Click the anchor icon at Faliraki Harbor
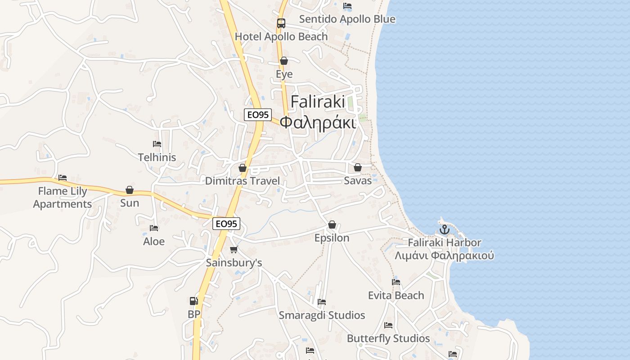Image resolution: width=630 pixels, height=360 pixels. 445,229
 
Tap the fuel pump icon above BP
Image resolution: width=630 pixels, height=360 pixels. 193,301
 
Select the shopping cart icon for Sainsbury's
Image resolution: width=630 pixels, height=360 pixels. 234,249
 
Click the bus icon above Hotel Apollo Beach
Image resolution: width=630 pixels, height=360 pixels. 281,23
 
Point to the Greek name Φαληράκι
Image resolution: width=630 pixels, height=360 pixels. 318,122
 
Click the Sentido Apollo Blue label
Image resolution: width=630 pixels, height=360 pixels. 347,19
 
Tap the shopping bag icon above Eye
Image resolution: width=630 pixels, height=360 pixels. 284,61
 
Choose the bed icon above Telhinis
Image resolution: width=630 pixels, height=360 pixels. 157,144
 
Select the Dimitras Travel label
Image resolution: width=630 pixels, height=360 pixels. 243,181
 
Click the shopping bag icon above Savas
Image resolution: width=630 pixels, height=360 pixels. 358,167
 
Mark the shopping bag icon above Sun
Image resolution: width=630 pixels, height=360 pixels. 130,190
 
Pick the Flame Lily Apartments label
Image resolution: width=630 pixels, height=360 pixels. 63,198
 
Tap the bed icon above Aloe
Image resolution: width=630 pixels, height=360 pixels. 154,228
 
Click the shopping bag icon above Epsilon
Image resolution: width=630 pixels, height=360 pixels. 332,225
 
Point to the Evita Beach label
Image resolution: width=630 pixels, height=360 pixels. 396,295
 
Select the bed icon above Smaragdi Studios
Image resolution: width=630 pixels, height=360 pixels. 322,302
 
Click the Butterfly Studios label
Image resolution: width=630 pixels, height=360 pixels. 388,338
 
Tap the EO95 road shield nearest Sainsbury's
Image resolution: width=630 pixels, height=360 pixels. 226,224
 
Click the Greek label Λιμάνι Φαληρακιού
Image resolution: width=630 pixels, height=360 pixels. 444,256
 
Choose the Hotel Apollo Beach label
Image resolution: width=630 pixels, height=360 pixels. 281,36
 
